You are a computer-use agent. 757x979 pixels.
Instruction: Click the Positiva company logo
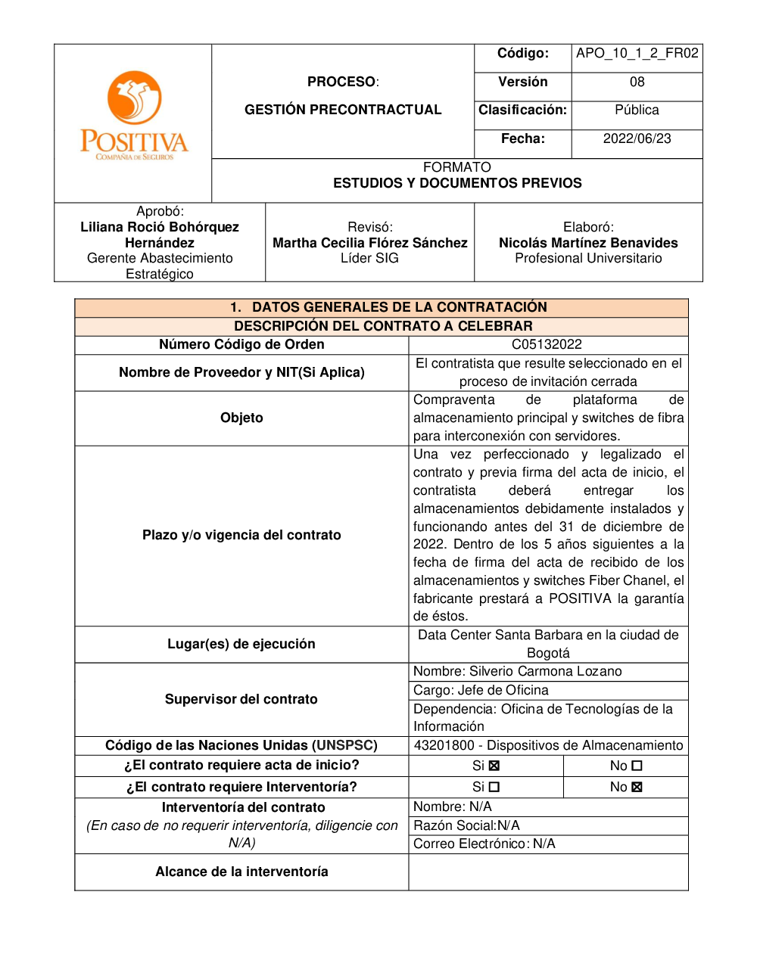(x=134, y=115)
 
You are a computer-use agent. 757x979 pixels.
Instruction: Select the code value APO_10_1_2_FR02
(x=637, y=53)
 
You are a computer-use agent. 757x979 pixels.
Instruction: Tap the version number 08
(x=637, y=82)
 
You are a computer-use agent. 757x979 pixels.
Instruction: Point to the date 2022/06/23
(x=637, y=138)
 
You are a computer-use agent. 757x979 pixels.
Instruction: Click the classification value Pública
(x=637, y=110)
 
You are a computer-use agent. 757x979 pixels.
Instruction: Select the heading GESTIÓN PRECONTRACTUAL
(x=343, y=110)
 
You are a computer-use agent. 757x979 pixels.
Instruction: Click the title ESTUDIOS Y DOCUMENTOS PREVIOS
(x=457, y=183)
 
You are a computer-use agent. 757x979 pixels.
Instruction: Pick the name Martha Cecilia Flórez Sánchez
(x=370, y=243)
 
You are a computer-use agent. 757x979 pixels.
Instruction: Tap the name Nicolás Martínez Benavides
(x=588, y=243)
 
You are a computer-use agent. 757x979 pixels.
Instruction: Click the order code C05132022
(x=547, y=344)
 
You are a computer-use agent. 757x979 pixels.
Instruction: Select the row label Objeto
(x=241, y=418)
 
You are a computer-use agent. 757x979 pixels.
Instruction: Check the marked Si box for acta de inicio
(x=494, y=766)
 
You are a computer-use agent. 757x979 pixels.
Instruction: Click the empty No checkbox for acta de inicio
(x=637, y=766)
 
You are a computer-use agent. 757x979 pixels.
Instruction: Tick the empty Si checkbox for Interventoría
(x=494, y=787)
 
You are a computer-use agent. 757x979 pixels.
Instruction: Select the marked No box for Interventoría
(x=637, y=787)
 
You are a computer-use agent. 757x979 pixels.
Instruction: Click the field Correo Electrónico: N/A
(x=484, y=844)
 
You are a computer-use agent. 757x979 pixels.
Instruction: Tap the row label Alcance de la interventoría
(x=241, y=872)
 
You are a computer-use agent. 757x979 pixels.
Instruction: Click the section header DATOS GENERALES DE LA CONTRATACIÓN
(x=399, y=307)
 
